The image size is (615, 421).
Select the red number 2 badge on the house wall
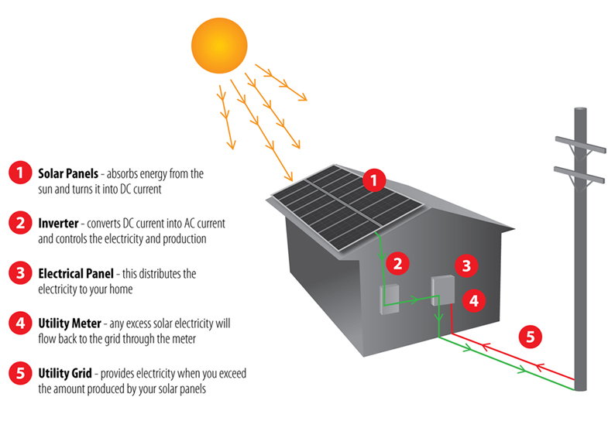(397, 264)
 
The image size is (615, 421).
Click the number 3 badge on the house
(466, 267)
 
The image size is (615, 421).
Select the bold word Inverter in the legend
(57, 224)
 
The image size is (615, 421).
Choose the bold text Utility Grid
(64, 373)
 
